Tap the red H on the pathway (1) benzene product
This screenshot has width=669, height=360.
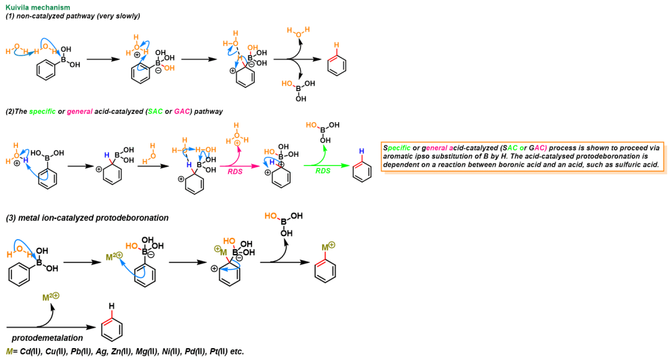click(336, 45)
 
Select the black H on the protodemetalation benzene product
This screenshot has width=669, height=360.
click(111, 306)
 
